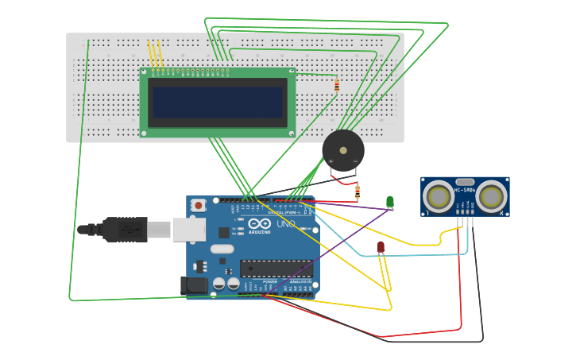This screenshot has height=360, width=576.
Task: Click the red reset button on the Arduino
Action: tap(198, 205)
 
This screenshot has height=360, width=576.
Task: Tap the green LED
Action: tap(389, 202)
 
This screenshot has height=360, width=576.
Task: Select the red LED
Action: tap(381, 247)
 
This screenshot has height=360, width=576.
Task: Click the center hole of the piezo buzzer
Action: tap(343, 149)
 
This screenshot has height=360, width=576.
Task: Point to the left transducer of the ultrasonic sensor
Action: tap(438, 196)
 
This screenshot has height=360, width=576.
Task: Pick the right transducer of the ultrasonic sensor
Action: tap(491, 196)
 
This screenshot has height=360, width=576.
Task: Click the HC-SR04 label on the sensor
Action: tap(464, 190)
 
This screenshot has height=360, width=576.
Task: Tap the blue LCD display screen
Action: tap(218, 103)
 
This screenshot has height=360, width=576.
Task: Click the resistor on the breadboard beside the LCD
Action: tap(337, 85)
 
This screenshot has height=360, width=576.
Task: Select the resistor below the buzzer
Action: tap(357, 192)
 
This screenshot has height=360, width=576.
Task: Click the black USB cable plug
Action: tap(123, 230)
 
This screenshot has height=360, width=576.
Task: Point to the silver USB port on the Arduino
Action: tap(189, 230)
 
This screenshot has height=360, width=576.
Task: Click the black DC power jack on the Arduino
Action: tap(194, 285)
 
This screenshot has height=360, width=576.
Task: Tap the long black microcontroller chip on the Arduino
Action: tap(276, 269)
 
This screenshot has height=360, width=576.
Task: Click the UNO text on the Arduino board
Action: tap(284, 224)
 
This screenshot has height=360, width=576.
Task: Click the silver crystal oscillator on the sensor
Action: tap(465, 182)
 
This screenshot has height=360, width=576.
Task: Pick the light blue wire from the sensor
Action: tap(413, 256)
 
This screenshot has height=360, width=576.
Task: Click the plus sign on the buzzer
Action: tap(331, 161)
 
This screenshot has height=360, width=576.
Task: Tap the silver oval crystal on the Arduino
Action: tap(222, 249)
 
